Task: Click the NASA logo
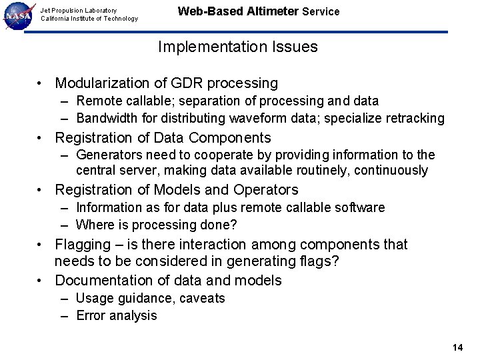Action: coord(19,15)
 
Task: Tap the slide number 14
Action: coord(457,347)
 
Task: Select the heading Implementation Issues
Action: coord(238,47)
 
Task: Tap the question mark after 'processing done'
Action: coord(234,225)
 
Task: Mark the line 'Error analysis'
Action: coord(117,315)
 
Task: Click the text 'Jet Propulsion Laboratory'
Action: coord(79,10)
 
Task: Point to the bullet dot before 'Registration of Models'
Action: coord(42,191)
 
